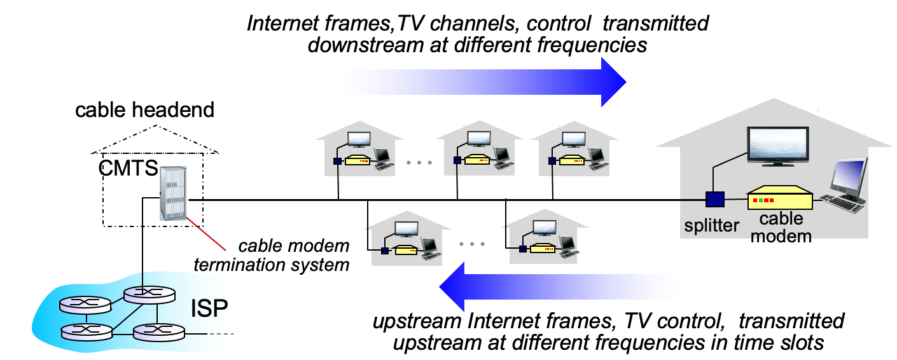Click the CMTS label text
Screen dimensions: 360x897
tap(129, 170)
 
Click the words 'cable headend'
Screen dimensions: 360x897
tap(145, 110)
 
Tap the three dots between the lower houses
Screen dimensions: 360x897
tap(471, 244)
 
